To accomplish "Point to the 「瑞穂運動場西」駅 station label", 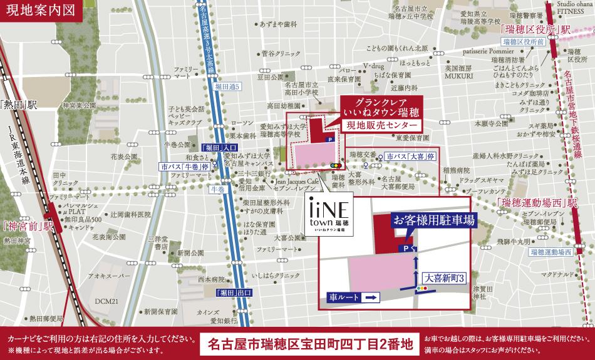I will click(x=535, y=203).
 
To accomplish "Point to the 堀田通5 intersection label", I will click(x=228, y=85).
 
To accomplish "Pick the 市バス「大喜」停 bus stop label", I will click(x=410, y=155).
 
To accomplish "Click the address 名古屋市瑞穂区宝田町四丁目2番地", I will click(x=311, y=343).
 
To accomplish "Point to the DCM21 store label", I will click(x=106, y=301).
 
